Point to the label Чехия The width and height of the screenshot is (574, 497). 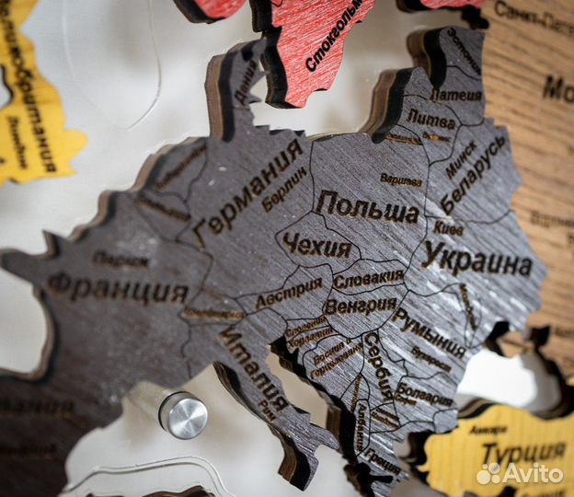(x=316, y=246)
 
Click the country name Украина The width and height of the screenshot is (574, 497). (x=477, y=260)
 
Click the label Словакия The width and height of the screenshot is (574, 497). (x=368, y=277)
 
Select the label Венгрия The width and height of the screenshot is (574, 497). (x=361, y=305)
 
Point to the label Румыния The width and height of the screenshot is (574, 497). (x=430, y=331)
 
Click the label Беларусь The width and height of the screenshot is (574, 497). (x=473, y=175)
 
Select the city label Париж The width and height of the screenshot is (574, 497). (x=120, y=260)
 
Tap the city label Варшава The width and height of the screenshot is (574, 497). (x=401, y=179)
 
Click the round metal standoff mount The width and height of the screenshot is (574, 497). (x=183, y=414)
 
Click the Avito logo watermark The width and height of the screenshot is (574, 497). (x=520, y=473)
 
